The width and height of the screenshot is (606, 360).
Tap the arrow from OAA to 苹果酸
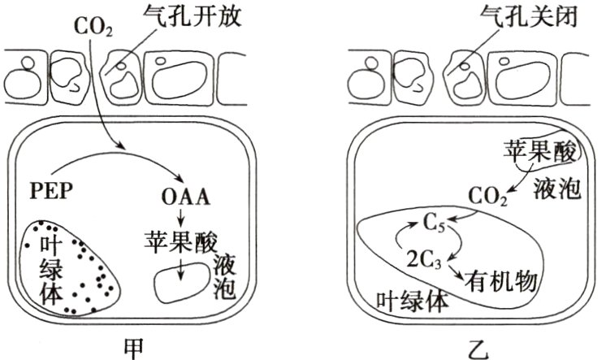(182, 219)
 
